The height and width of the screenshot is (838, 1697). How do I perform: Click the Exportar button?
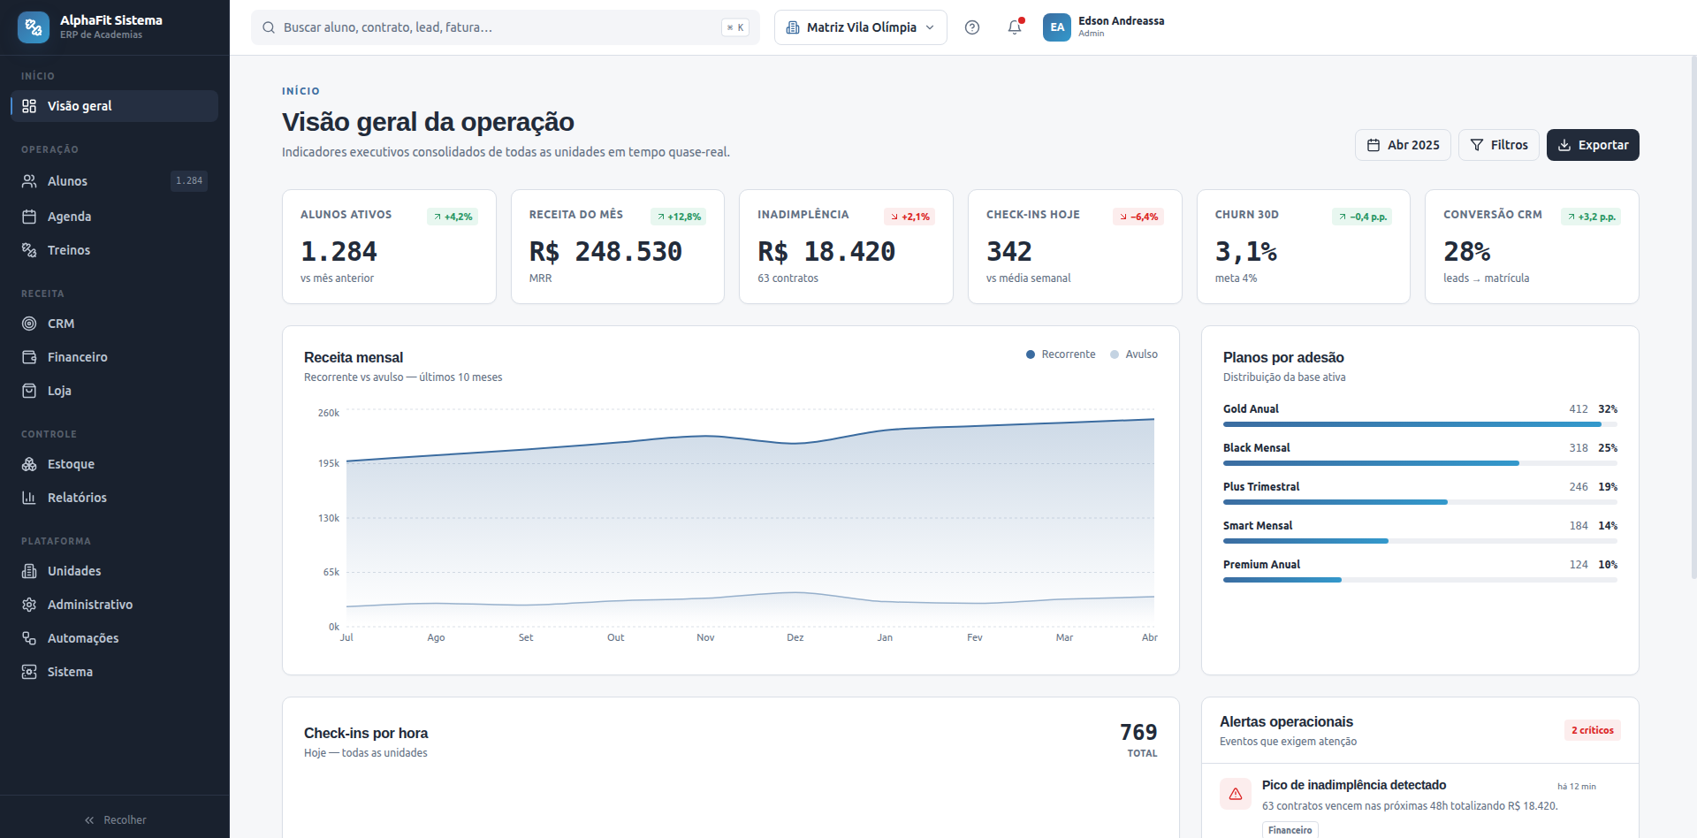[x=1593, y=145]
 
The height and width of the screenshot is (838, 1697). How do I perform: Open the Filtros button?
[x=1499, y=145]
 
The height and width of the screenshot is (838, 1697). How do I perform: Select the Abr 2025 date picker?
[x=1403, y=145]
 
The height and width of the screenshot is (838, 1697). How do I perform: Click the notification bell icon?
[x=1015, y=27]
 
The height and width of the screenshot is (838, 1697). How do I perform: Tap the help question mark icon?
[x=972, y=27]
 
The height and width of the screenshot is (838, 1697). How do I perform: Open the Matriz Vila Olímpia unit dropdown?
[x=860, y=27]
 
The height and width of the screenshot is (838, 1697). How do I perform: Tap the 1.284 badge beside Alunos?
[x=189, y=181]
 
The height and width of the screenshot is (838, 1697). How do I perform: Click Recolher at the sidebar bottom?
[x=115, y=820]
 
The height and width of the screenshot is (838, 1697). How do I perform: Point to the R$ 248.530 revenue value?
[x=605, y=252]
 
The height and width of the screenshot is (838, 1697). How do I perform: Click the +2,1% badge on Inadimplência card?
[x=909, y=217]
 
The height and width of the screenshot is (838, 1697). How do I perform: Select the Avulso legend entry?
[x=1134, y=354]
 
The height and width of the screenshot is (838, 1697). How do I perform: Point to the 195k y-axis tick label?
[x=329, y=463]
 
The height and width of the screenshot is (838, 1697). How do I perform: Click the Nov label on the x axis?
[x=705, y=637]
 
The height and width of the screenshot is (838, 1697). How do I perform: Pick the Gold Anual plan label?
[x=1251, y=409]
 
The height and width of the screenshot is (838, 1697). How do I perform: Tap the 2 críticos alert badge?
[x=1593, y=730]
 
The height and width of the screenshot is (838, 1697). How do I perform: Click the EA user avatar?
[x=1057, y=27]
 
